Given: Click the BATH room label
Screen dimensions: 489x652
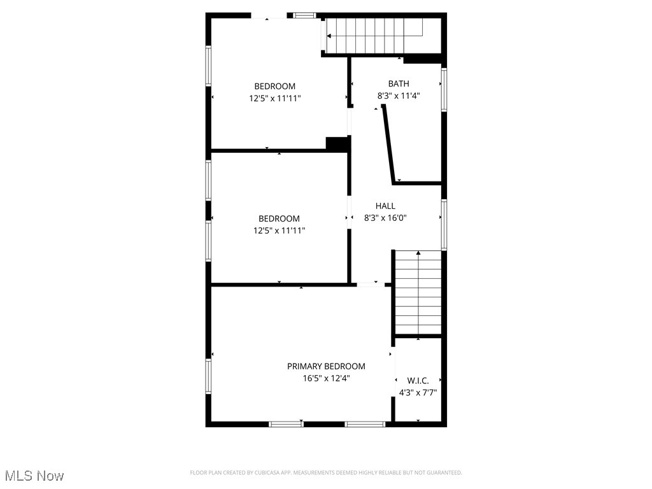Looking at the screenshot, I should tap(399, 83).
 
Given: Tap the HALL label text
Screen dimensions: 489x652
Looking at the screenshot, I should tap(385, 206).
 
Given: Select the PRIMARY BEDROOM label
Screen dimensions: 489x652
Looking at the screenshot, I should tap(326, 366).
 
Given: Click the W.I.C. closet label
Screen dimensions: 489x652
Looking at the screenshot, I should tap(418, 381).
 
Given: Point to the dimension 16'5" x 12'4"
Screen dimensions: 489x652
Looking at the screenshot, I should tap(326, 378).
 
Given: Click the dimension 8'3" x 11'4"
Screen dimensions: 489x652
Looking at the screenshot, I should tap(399, 96).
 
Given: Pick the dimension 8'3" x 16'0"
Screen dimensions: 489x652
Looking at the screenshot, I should tap(385, 218).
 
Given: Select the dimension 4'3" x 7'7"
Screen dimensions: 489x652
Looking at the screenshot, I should tap(418, 393).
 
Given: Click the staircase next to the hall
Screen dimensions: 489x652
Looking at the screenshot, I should tap(418, 293).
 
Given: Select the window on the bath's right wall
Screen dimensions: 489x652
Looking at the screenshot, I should tap(444, 89).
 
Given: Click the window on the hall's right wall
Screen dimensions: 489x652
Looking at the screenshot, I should tap(444, 225).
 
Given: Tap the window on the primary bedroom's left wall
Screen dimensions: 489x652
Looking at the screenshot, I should tap(208, 376).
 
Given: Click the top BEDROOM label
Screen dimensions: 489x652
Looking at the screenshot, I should tap(275, 87).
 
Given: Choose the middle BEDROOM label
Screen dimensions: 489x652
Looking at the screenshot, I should tap(279, 219).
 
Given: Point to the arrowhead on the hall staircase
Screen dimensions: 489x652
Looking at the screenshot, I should tap(418, 253).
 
